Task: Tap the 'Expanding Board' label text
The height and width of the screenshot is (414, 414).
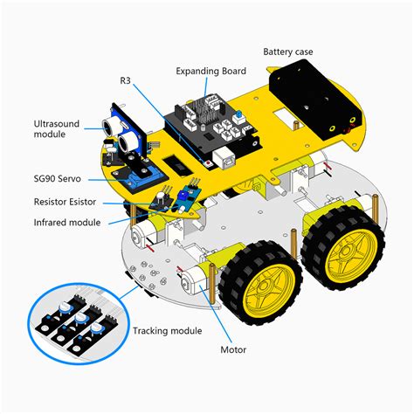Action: coord(210,71)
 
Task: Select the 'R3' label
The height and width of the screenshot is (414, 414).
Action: coord(126,79)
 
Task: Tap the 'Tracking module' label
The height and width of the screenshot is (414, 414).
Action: coord(168,330)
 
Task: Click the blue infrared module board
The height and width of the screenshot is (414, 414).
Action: coord(184,197)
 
